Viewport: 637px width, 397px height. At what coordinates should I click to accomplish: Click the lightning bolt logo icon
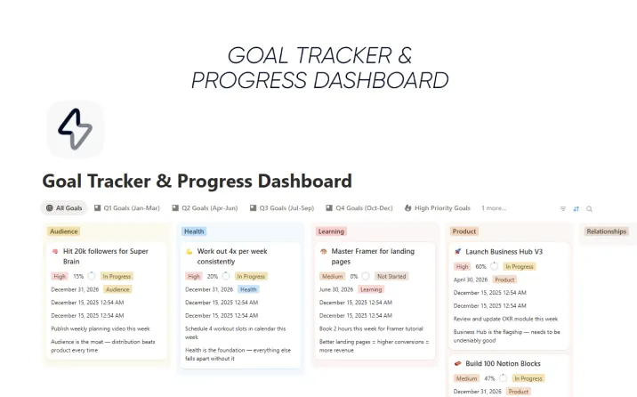point(75,130)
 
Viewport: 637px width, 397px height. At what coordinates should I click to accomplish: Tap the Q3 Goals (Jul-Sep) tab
point(282,208)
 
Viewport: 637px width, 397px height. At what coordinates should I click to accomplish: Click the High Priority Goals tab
point(438,208)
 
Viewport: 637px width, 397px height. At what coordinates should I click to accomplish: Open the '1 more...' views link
point(494,208)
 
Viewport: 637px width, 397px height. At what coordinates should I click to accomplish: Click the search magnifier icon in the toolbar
point(589,209)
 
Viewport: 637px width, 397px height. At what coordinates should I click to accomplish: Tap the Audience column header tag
point(64,231)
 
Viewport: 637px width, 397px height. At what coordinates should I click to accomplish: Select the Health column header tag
point(194,231)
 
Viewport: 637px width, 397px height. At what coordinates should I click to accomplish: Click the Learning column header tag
point(331,231)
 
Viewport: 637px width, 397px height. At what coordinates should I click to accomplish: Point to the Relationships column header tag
point(607,231)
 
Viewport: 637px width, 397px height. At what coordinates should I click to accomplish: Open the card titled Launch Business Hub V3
point(504,252)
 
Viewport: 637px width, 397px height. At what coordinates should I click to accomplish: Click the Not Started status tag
point(391,276)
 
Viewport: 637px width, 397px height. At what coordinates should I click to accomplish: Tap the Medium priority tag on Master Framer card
point(332,276)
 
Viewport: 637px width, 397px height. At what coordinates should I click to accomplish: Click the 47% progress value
point(488,378)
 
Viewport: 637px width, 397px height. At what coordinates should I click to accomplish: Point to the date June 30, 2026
point(336,289)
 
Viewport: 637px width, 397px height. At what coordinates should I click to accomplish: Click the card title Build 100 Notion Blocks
point(503,364)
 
